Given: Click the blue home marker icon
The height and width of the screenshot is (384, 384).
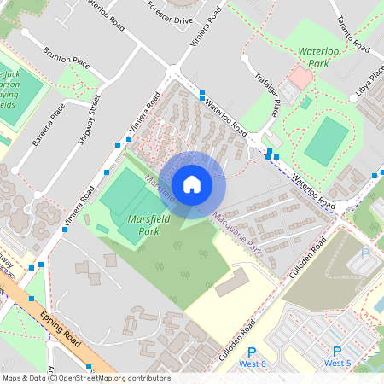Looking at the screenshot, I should [192, 183].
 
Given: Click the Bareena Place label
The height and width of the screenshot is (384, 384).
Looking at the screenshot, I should [48, 125].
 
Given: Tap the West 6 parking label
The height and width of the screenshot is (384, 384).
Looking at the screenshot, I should [252, 364].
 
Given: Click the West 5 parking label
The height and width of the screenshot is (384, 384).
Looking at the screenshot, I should [337, 364].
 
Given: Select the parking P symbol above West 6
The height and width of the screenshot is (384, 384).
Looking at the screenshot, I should [252, 352].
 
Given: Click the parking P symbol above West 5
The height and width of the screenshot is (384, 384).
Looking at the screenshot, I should [336, 352].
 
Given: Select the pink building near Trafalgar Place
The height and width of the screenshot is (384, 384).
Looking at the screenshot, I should [300, 78].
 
